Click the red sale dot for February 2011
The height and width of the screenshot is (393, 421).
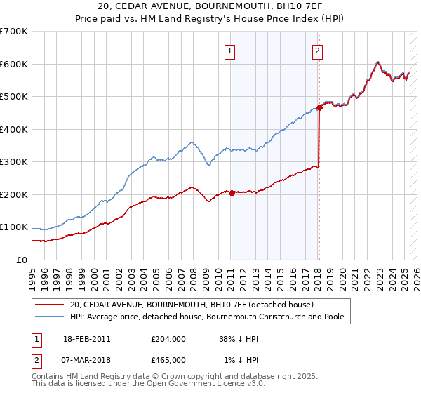(x=232, y=193)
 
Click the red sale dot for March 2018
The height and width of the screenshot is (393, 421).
(x=319, y=107)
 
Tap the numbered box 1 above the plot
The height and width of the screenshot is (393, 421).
(x=230, y=50)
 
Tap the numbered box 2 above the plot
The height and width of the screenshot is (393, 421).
(x=318, y=50)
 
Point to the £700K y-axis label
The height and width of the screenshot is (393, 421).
(x=14, y=32)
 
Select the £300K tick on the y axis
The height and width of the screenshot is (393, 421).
(x=14, y=162)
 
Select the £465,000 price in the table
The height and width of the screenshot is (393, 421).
(x=168, y=359)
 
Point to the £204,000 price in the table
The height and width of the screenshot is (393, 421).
(x=168, y=338)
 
